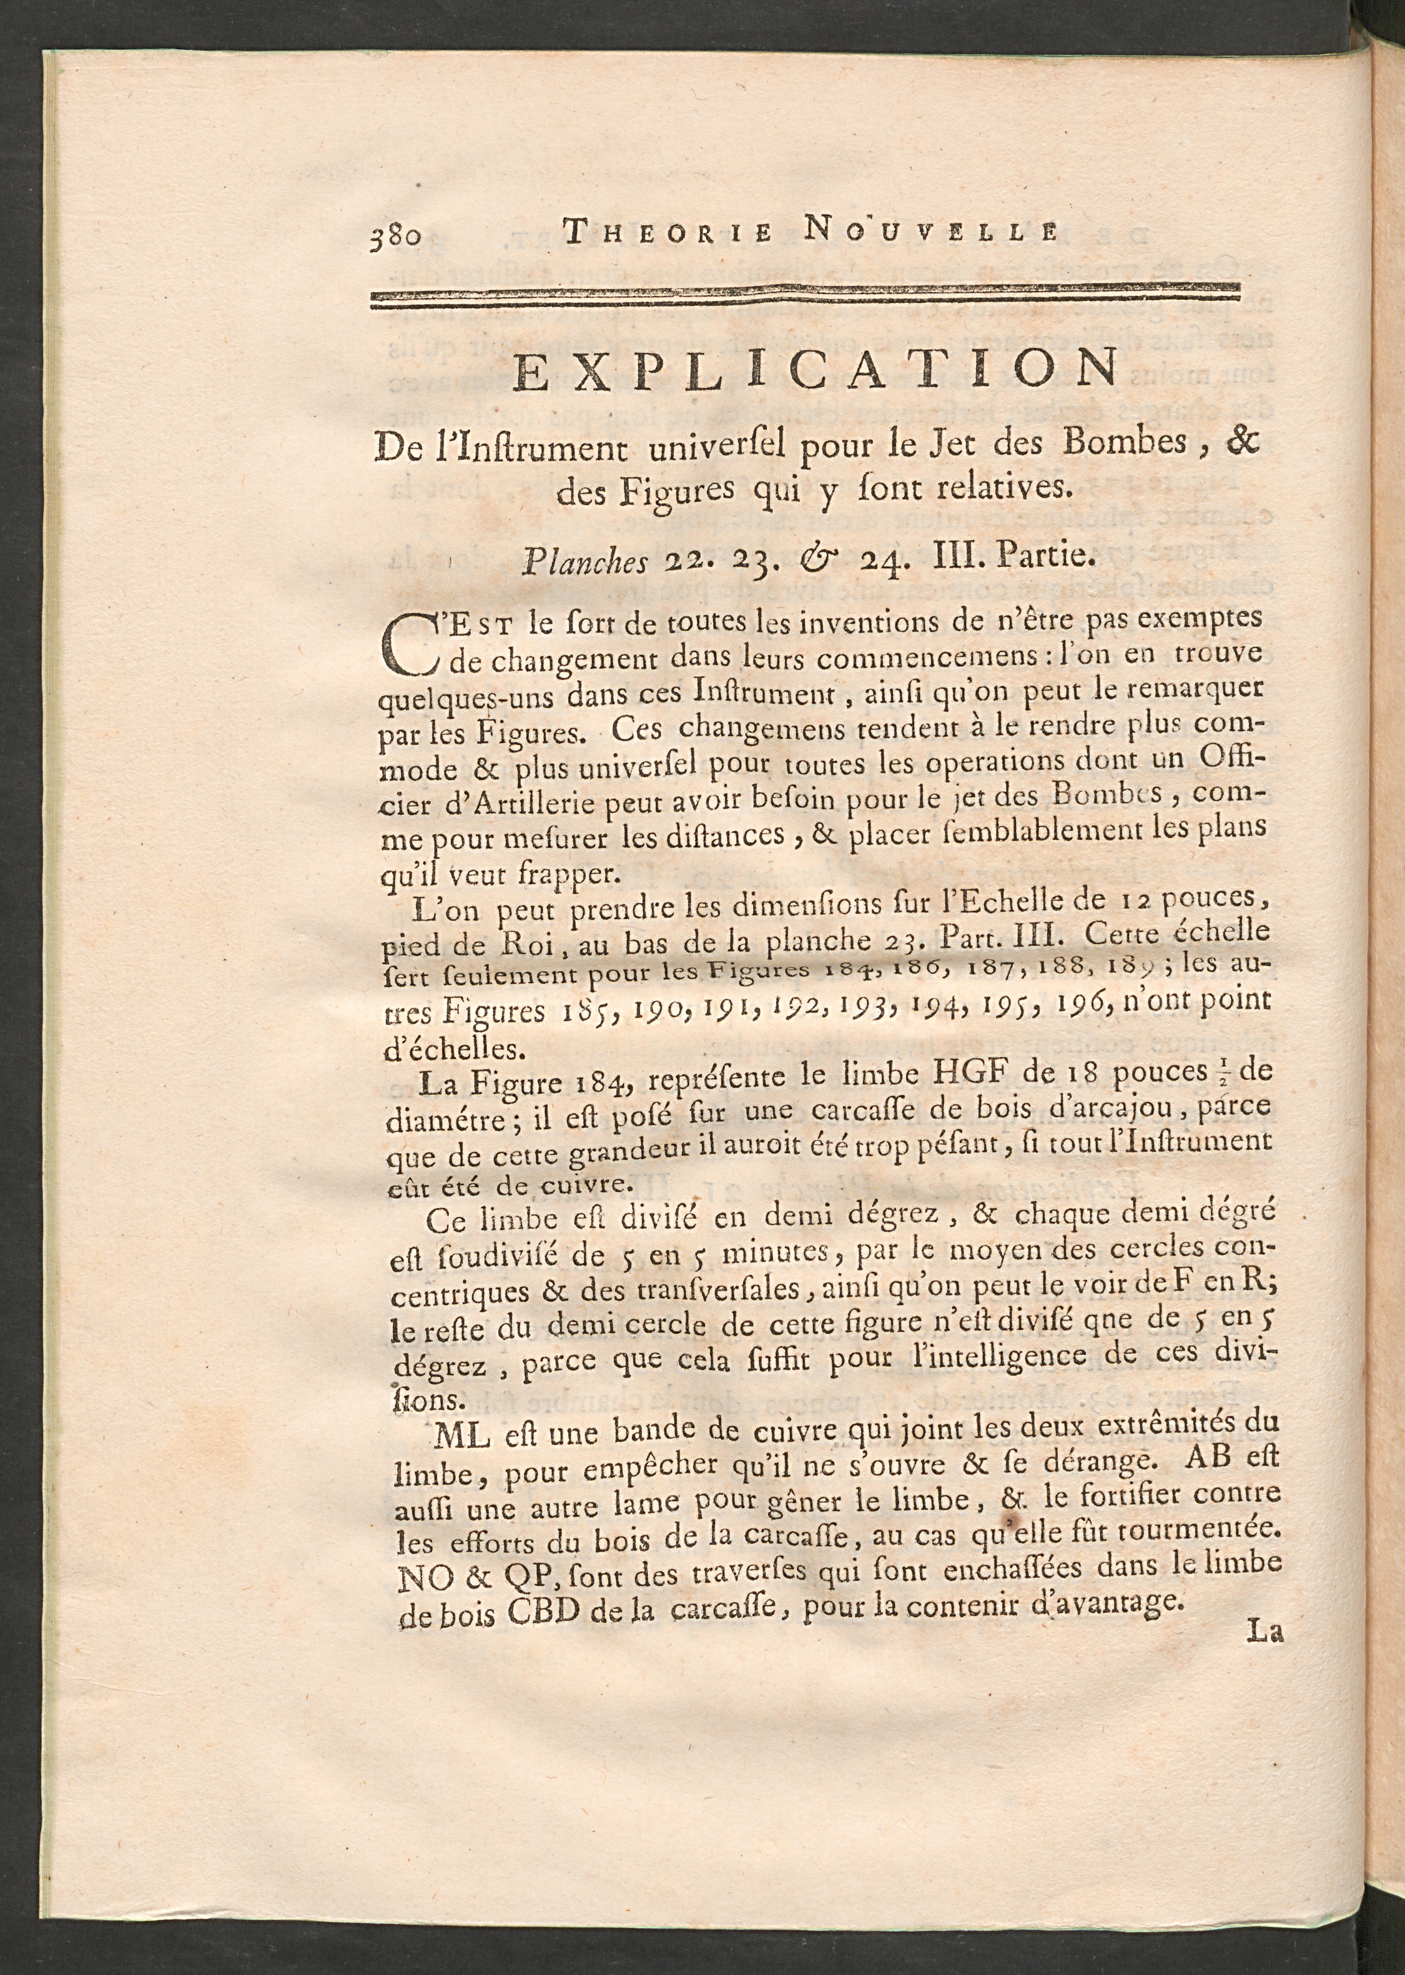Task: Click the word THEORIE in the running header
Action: pyautogui.click(x=667, y=232)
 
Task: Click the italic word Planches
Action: pyautogui.click(x=584, y=563)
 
